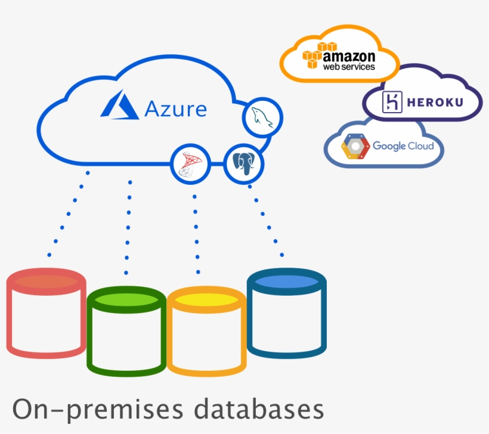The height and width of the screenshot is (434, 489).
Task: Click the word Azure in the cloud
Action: coord(175,110)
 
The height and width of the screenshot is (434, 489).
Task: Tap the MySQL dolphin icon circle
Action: coord(262,117)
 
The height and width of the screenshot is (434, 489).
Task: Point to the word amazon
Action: coord(349,56)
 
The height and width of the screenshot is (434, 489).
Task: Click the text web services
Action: coord(349,67)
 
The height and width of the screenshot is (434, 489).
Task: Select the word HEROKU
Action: coord(434,103)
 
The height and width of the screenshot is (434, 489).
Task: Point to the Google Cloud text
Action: coord(403,146)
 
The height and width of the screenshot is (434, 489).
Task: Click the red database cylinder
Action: coord(47,313)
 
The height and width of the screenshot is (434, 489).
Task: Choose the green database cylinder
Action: coord(126,331)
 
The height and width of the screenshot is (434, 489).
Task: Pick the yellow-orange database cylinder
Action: coord(206,331)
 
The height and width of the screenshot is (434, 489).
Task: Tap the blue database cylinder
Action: coord(286,313)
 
